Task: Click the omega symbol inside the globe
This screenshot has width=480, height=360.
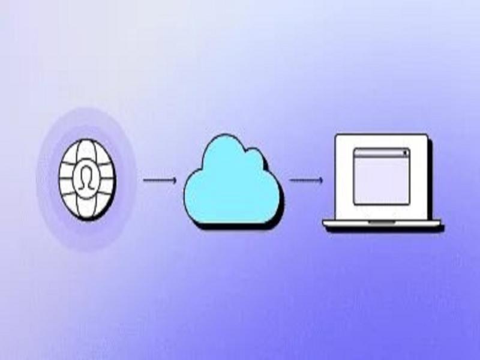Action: [x=88, y=178]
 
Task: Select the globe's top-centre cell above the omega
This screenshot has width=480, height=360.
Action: [x=88, y=150]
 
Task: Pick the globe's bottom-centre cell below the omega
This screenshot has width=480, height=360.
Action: [x=88, y=206]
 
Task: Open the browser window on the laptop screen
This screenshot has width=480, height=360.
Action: [x=381, y=176]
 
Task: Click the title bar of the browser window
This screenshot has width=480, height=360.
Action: [x=381, y=153]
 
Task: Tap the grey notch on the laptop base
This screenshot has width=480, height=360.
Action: [x=382, y=222]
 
